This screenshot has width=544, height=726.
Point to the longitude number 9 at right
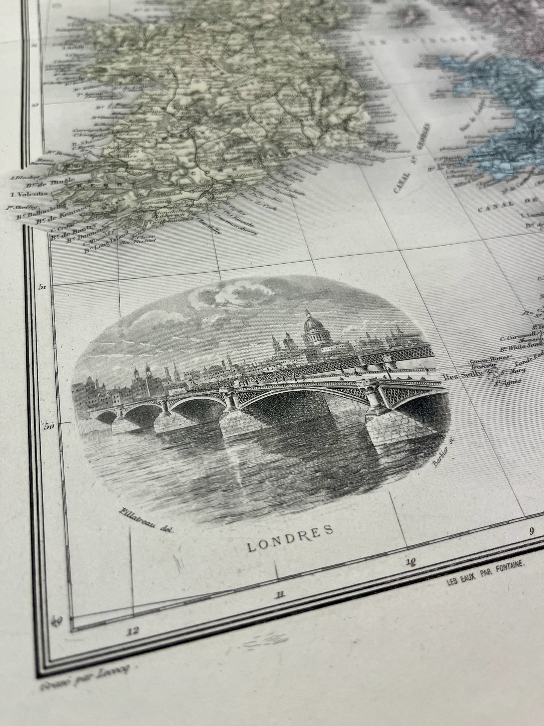point(532,532)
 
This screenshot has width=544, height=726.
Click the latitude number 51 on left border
point(42,287)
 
